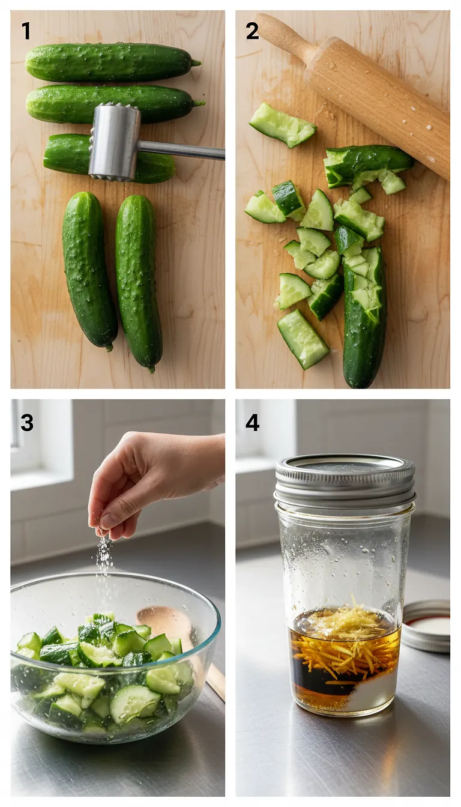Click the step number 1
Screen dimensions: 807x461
26,31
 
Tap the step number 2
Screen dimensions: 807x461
252,31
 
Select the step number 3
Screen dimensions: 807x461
26,422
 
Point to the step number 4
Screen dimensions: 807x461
252,422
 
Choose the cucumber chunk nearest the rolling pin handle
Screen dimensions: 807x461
282,125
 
